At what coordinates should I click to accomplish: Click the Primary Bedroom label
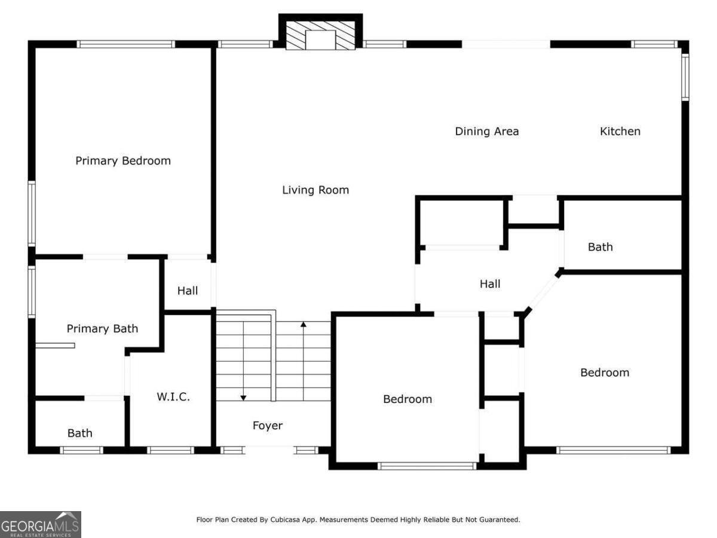pyautogui.click(x=123, y=161)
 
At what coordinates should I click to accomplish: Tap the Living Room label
pyautogui.click(x=315, y=189)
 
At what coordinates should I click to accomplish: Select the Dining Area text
pyautogui.click(x=487, y=132)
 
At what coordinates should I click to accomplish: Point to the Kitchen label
pyautogui.click(x=620, y=132)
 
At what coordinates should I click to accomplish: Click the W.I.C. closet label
pyautogui.click(x=173, y=396)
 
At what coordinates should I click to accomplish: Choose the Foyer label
pyautogui.click(x=268, y=425)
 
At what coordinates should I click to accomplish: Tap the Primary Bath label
pyautogui.click(x=102, y=328)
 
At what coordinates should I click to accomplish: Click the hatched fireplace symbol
pyautogui.click(x=320, y=36)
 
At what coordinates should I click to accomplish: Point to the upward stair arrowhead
pyautogui.click(x=304, y=324)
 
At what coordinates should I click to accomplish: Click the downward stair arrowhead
pyautogui.click(x=243, y=398)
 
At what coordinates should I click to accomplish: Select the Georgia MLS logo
pyautogui.click(x=41, y=524)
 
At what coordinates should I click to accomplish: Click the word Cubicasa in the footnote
pyautogui.click(x=285, y=519)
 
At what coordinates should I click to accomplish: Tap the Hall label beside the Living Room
pyautogui.click(x=188, y=291)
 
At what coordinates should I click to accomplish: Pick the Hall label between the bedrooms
pyautogui.click(x=490, y=284)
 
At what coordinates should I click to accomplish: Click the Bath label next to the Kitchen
pyautogui.click(x=600, y=247)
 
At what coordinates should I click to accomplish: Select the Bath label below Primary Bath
pyautogui.click(x=80, y=433)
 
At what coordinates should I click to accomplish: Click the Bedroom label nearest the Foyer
pyautogui.click(x=407, y=399)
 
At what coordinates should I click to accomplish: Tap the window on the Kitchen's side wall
pyautogui.click(x=685, y=77)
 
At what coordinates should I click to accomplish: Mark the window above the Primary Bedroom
pyautogui.click(x=125, y=44)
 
